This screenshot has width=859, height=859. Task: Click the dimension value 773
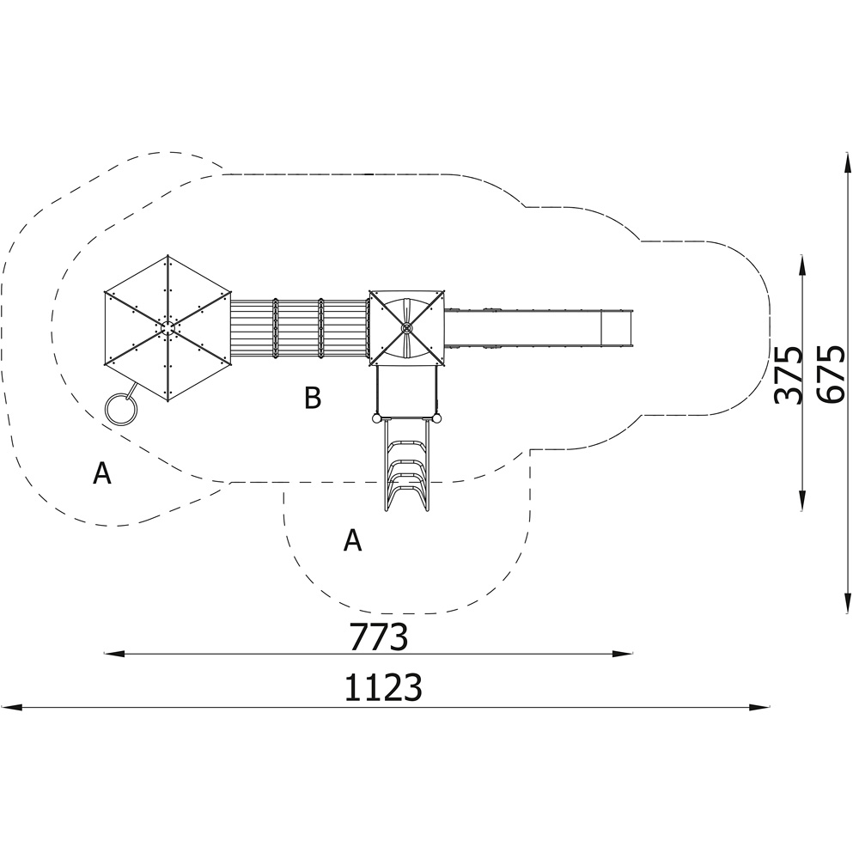point(379,636)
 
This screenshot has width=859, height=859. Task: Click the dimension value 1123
point(383,687)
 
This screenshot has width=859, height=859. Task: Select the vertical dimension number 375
point(789,375)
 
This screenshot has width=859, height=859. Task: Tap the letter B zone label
point(313,398)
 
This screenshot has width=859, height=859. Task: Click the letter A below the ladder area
point(353,540)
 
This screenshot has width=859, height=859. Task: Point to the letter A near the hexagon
point(102,472)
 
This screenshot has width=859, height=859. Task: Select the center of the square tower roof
point(406,328)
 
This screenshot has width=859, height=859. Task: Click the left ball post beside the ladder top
point(376,419)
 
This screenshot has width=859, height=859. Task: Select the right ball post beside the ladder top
point(436,419)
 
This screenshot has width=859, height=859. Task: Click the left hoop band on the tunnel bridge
point(276,328)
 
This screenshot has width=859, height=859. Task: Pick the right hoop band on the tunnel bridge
point(321,328)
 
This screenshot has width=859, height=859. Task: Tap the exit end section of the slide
point(617,328)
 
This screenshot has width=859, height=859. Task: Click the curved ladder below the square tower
point(406,465)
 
